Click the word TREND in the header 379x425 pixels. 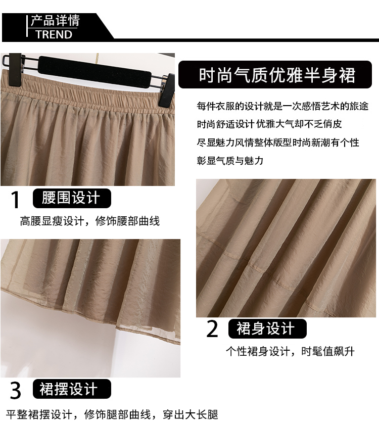coord(54,35)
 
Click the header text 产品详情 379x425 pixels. coord(55,21)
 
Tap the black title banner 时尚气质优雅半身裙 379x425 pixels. coord(275,74)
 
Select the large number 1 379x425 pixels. coord(16,200)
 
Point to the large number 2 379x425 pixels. coord(212,329)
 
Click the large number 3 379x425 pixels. coord(16,390)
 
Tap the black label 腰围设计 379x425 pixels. coord(72,198)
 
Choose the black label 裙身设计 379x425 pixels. coord(267,328)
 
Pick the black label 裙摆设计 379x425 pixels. coord(72,389)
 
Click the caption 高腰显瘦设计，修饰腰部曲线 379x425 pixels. coord(90,221)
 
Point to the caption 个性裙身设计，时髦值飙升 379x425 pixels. coord(290,351)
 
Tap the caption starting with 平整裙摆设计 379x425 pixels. coord(112,414)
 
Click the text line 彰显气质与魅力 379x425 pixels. coord(230,161)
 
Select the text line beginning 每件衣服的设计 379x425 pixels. coord(282,106)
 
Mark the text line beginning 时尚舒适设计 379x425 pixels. coord(269,124)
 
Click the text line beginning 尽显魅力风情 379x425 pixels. coord(278,143)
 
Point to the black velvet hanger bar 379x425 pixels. coord(94,72)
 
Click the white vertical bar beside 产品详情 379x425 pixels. coord(27,26)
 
